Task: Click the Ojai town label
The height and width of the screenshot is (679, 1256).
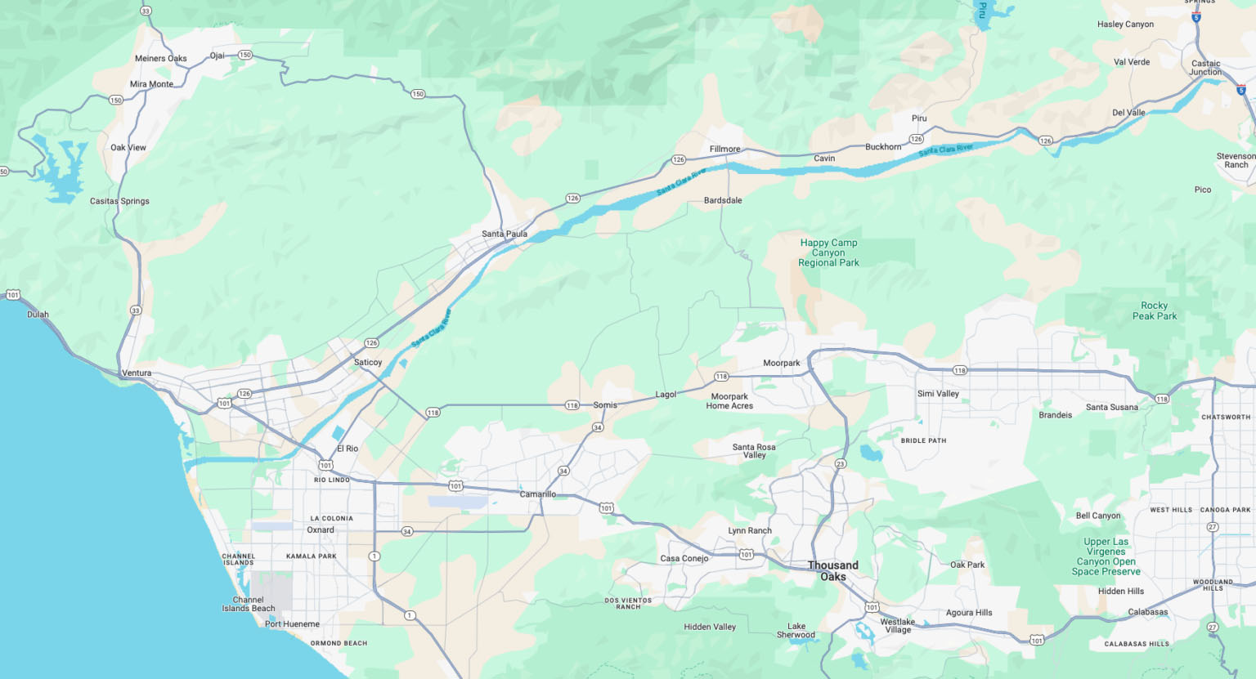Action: tap(217, 56)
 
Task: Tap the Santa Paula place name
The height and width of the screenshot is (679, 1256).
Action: tap(504, 234)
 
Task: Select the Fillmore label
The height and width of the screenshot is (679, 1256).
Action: tap(724, 149)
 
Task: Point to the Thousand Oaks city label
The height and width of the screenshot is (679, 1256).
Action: tap(833, 570)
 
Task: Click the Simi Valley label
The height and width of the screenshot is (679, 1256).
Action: tap(938, 394)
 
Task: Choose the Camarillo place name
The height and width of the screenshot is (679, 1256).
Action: tap(537, 494)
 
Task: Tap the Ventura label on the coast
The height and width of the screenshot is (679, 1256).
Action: tap(137, 373)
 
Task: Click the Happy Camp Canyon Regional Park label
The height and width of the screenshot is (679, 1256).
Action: tap(828, 252)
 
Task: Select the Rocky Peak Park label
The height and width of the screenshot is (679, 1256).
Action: tap(1154, 310)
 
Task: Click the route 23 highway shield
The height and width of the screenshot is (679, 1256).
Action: tap(840, 464)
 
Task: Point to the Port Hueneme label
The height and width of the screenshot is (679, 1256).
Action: tap(292, 624)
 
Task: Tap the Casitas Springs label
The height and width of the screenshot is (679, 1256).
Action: tap(119, 201)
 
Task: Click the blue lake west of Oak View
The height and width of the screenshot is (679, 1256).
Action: tap(62, 168)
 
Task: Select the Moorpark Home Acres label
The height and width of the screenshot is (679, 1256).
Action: tap(729, 401)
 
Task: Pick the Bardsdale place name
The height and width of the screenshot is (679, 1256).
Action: tap(723, 200)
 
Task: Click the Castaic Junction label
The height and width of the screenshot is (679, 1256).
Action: tap(1205, 68)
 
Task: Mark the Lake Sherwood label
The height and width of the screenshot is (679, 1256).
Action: tap(796, 631)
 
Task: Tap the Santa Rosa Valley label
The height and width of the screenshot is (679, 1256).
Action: tap(754, 451)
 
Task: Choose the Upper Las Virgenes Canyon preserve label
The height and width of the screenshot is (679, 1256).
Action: tap(1106, 556)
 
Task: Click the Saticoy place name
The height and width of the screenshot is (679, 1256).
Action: tap(368, 362)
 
